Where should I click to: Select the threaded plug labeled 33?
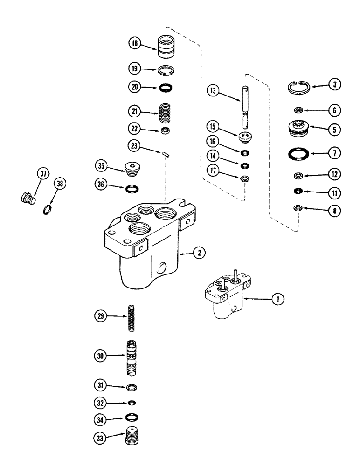(131, 439)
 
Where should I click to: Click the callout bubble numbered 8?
(333, 210)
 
